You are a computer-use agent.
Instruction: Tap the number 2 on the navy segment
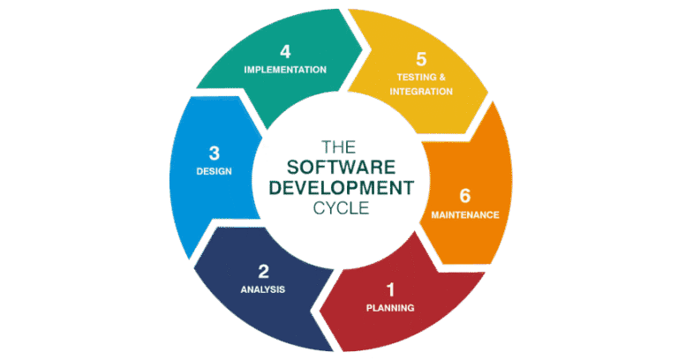[x=263, y=270]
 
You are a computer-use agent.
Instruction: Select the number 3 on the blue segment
[x=214, y=153]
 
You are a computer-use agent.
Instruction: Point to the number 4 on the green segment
[x=285, y=50]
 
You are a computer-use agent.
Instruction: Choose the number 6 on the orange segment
[x=464, y=195]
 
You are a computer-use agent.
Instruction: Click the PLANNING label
[x=389, y=308]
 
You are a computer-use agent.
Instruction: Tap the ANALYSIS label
[x=263, y=289]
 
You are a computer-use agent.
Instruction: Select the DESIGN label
[x=214, y=171]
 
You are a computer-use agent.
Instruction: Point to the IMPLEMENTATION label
[x=285, y=69]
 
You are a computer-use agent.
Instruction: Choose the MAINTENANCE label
[x=465, y=214]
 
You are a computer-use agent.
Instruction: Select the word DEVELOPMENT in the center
[x=339, y=187]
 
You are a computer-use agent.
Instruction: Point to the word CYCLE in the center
[x=339, y=208]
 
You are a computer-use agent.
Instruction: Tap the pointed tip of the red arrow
[x=320, y=308]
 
